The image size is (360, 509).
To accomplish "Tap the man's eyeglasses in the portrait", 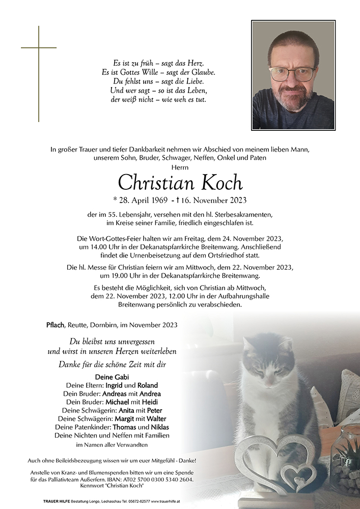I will click(x=292, y=74).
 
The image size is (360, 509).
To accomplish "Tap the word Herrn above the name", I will click(x=180, y=167).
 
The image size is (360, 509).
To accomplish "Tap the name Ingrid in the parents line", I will click(x=116, y=385).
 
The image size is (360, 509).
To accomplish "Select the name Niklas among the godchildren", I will click(x=159, y=427).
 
